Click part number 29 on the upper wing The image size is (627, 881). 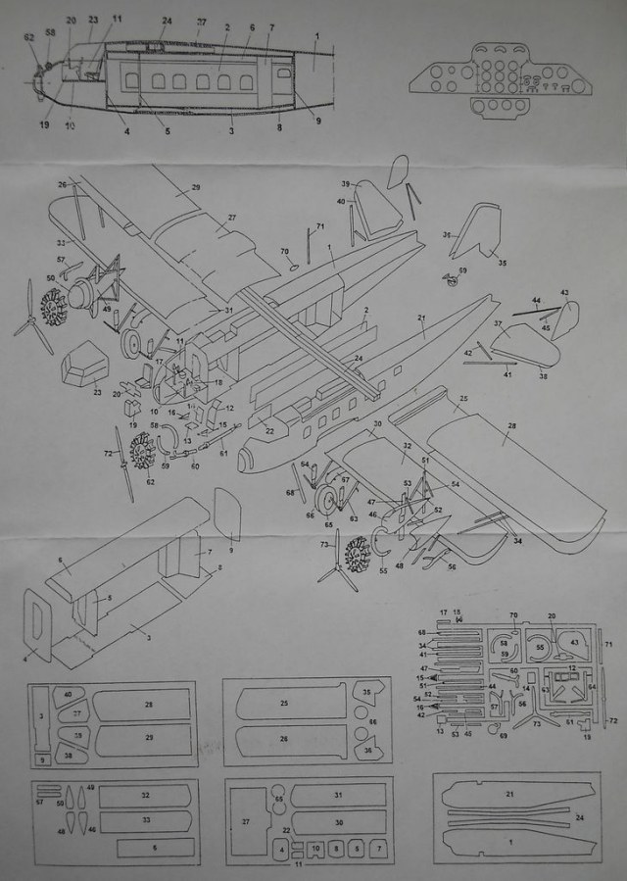(196, 187)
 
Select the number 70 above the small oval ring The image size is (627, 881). (284, 252)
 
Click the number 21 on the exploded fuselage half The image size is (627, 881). (422, 319)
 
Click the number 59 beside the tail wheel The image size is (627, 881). (462, 269)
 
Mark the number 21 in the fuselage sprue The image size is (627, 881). (509, 795)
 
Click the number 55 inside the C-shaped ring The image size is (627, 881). (540, 648)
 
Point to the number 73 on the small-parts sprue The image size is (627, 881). (536, 722)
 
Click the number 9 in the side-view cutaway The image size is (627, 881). (317, 121)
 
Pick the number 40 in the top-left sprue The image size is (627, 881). (68, 695)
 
